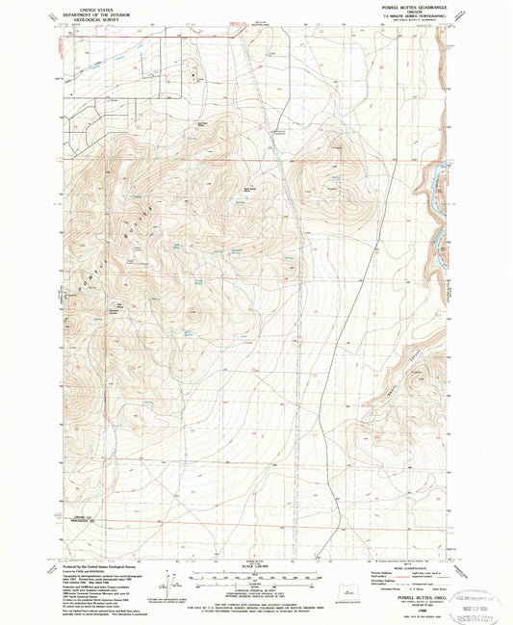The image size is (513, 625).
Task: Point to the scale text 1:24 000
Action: coord(256,564)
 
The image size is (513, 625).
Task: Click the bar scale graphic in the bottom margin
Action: coord(256,575)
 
